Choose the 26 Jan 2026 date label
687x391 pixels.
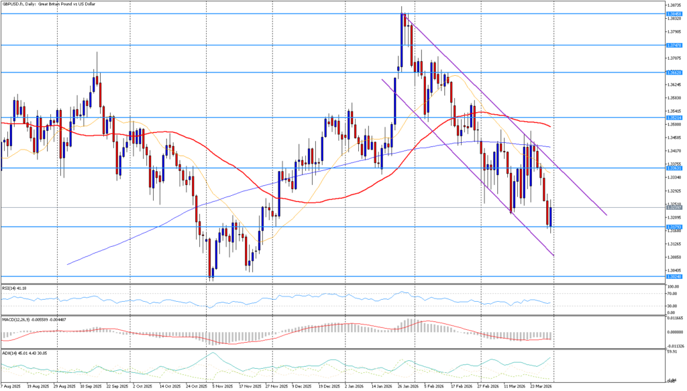(408, 387)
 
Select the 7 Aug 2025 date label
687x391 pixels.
(11, 387)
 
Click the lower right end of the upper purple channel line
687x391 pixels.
(606, 215)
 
